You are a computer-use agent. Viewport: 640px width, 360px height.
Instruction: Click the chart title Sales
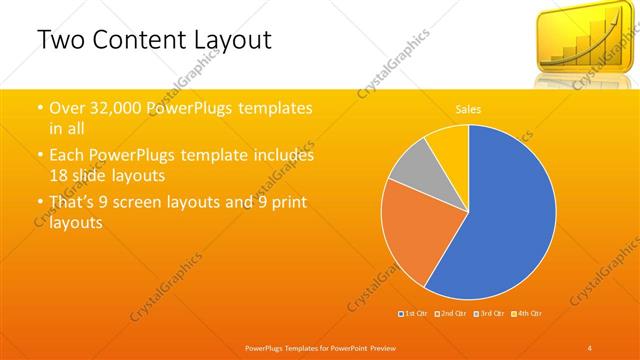click(467, 108)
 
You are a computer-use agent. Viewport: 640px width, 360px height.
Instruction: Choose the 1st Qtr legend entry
click(415, 313)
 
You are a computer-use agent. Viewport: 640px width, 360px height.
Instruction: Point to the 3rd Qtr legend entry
click(489, 313)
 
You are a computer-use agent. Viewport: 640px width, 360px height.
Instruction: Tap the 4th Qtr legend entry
click(526, 313)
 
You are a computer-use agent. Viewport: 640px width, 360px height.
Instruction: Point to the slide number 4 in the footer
click(590, 346)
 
